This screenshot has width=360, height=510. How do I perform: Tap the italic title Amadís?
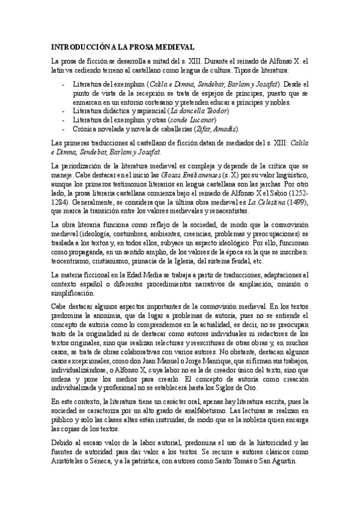click(x=224, y=129)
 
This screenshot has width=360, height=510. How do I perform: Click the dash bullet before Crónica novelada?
click(x=64, y=129)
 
